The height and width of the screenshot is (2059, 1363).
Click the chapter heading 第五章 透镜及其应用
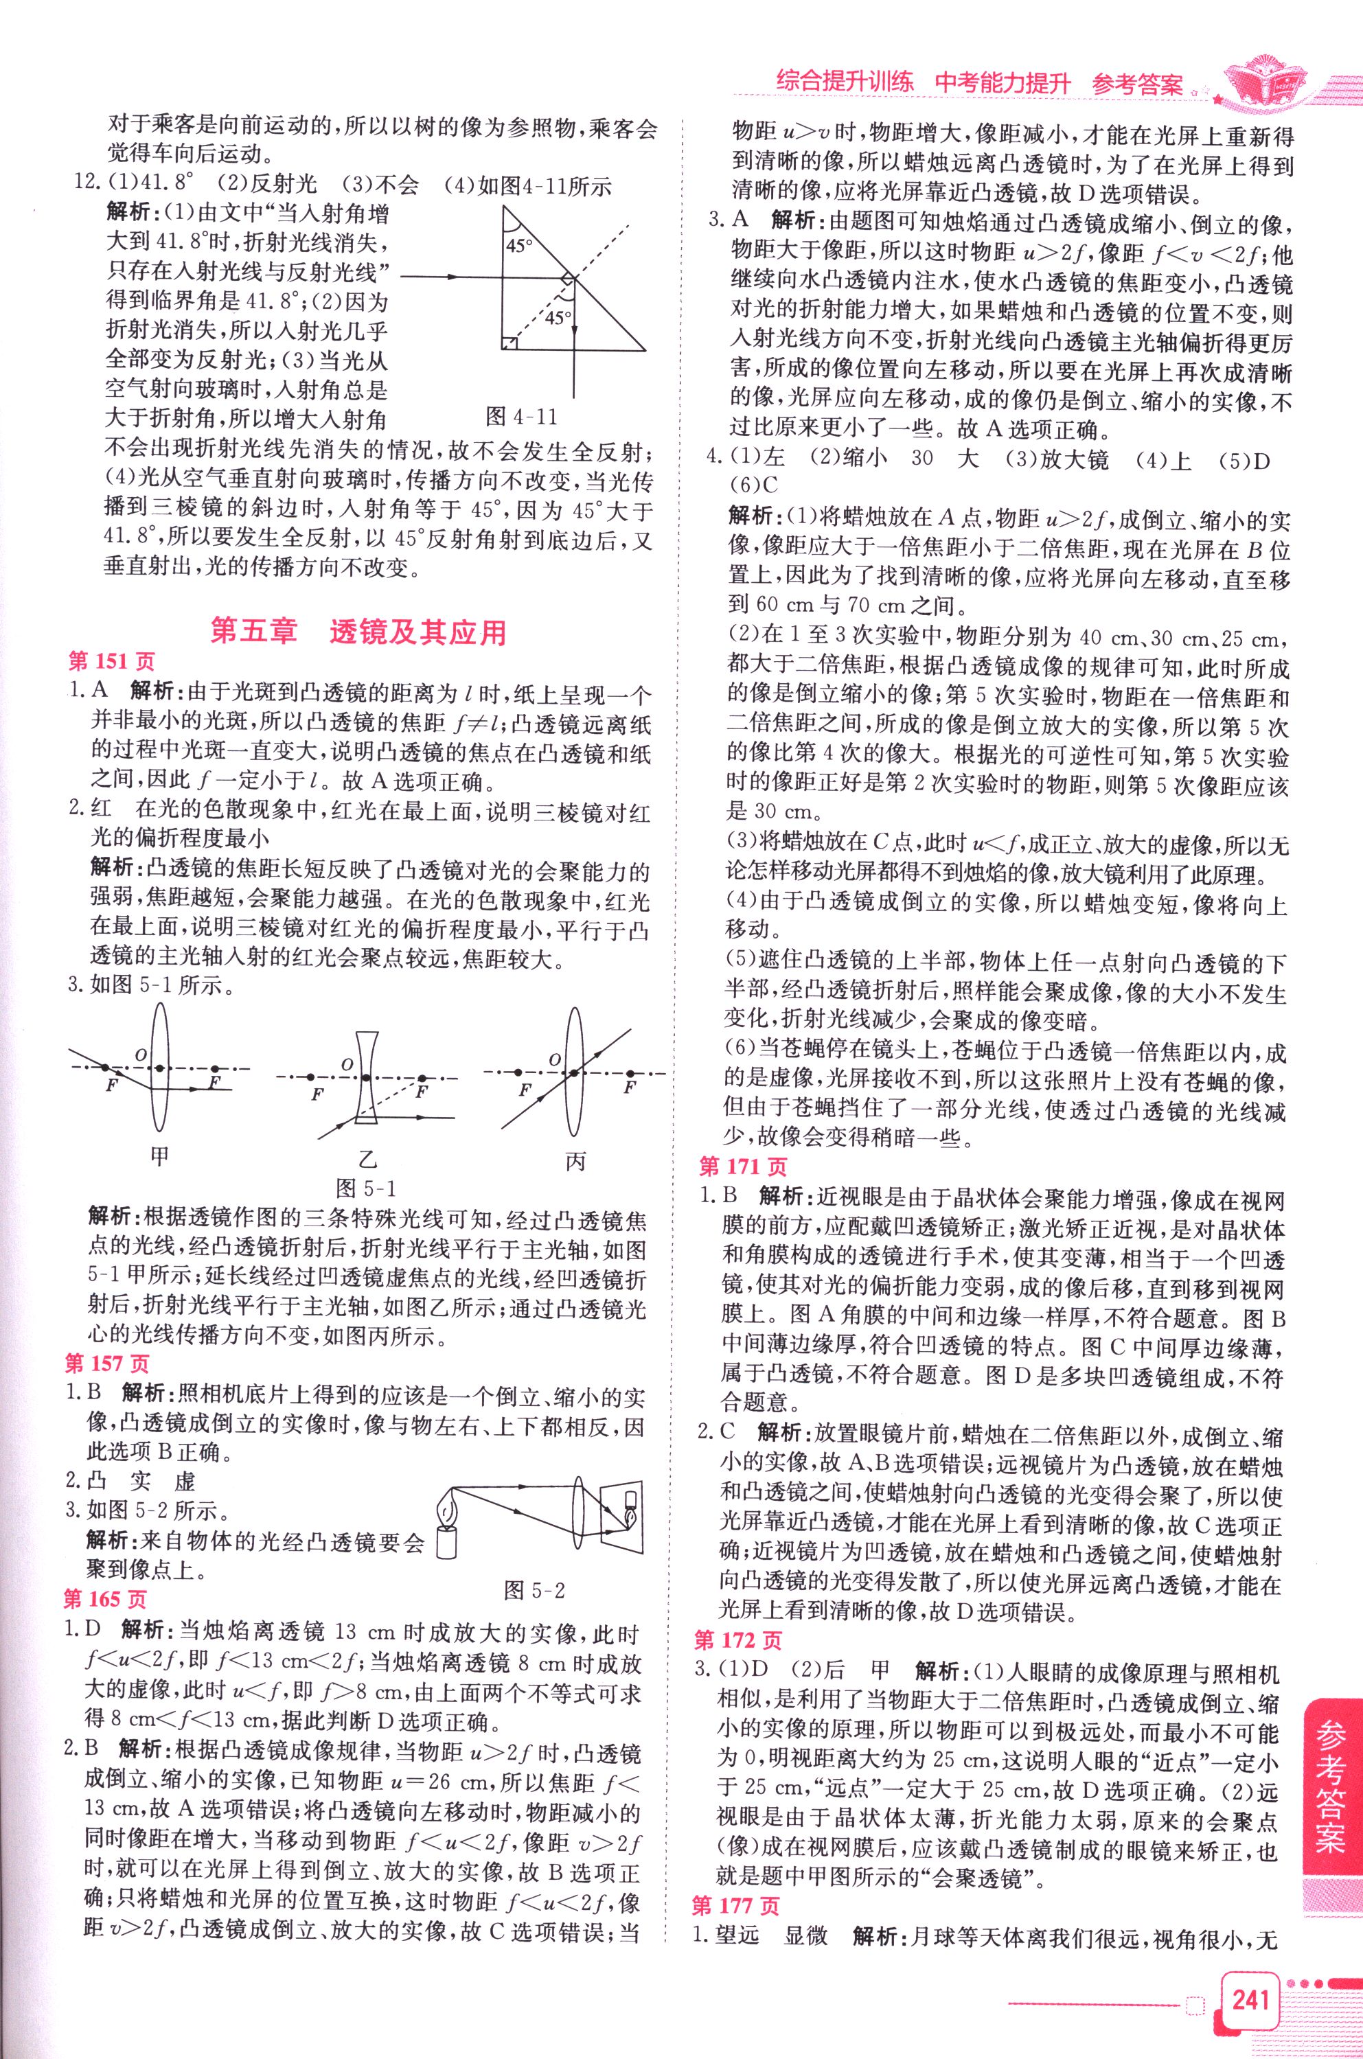359,631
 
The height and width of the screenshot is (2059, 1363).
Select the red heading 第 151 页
112,663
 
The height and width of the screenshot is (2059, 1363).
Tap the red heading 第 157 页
108,1364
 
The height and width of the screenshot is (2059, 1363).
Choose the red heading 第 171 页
743,1167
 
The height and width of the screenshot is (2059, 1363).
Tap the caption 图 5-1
366,1188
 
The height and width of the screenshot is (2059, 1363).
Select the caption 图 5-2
536,1591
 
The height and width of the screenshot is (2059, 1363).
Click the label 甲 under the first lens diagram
159,1157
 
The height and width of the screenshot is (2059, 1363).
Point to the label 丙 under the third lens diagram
575,1160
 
